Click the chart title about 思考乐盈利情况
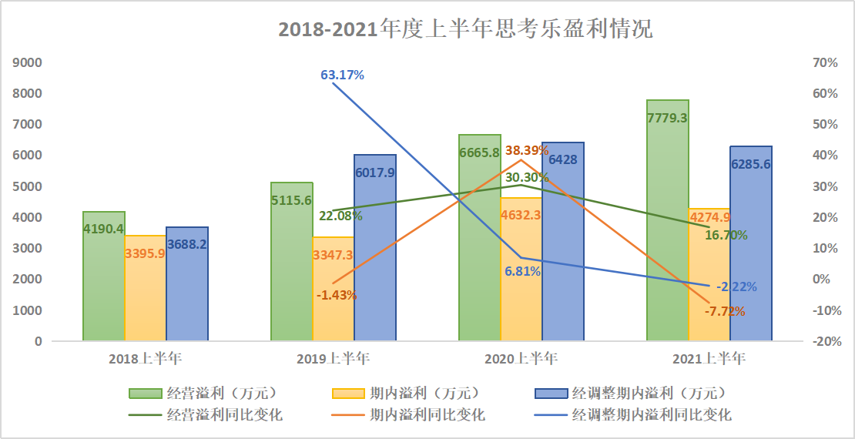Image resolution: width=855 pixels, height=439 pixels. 465,29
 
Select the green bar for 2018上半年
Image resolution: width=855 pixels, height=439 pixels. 104,277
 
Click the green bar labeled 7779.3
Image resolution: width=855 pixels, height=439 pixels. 668,223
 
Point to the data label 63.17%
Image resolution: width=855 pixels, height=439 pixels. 342,75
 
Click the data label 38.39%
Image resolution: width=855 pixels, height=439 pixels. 527,150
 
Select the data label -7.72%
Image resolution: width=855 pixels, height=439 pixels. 724,311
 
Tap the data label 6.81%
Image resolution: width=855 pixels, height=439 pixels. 522,271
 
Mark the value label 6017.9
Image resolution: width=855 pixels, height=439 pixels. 375,173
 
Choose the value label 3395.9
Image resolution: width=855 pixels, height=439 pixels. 145,253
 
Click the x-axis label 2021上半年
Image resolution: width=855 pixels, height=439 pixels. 709,358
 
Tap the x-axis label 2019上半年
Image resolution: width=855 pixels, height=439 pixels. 333,358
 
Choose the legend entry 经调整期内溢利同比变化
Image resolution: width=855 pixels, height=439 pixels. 651,414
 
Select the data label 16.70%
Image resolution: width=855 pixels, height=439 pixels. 726,235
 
